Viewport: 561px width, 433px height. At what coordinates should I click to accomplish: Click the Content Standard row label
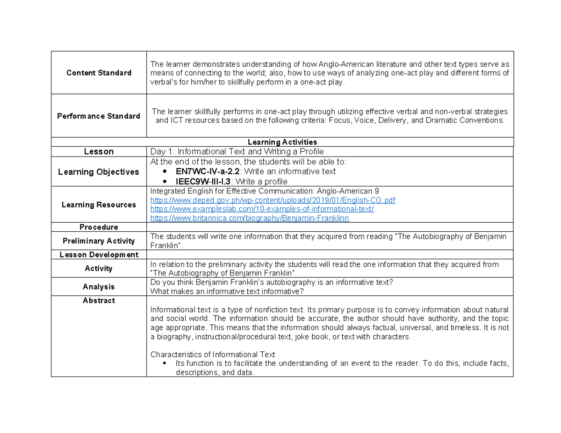pos(99,73)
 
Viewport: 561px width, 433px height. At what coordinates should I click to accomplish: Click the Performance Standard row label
pos(99,116)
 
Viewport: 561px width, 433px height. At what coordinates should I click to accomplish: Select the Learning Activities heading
pos(282,142)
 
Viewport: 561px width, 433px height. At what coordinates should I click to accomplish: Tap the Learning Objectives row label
pos(99,172)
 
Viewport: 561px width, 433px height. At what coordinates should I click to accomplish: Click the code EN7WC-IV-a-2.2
pos(205,171)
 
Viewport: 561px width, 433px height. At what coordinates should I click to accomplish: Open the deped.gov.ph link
pos(273,200)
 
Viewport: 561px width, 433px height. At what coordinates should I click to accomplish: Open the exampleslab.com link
pos(262,209)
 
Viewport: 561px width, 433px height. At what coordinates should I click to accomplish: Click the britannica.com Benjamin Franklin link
pos(250,218)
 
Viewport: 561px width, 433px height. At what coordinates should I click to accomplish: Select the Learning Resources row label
pos(99,205)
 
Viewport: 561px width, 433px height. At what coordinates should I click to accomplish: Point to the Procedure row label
pos(99,227)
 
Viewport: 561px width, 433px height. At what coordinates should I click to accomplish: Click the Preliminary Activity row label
pos(99,241)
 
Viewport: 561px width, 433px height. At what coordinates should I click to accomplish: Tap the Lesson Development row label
pos(99,255)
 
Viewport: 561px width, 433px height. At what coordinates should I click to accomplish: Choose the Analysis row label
pos(99,286)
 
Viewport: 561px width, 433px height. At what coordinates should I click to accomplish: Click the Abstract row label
pos(99,301)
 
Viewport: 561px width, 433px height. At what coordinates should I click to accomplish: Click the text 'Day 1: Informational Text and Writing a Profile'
pos(237,151)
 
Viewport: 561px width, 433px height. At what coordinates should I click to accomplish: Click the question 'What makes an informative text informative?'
pos(227,291)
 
